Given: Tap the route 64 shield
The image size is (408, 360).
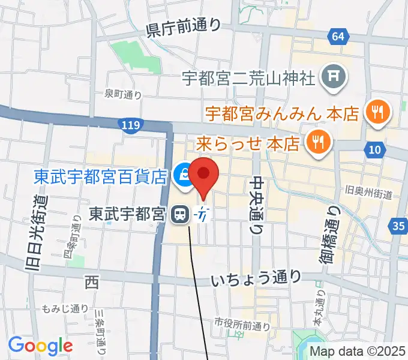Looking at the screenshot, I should coord(338,37).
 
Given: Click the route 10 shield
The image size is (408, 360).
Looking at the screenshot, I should coord(374,148).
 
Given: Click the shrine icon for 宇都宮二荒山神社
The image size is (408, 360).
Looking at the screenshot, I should coord(331,76).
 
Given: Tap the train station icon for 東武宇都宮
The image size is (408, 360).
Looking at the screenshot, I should coord(179,214).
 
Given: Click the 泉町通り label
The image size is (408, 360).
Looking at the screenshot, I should coord(122,94).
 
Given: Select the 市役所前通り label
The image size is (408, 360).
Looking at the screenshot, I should coord(243,326).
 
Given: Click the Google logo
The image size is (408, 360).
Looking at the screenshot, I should coord(40,346).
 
